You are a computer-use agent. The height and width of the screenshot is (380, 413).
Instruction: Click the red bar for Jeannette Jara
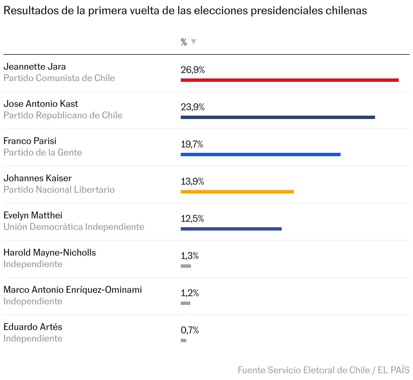[x=289, y=80]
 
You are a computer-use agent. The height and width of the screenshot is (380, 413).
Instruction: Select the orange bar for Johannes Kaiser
[x=237, y=192]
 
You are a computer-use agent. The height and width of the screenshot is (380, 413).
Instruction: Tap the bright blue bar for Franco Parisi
[x=260, y=155]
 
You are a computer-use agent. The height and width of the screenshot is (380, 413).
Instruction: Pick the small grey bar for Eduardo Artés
[x=183, y=340]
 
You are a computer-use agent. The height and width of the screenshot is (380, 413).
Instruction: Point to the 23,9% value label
[x=193, y=107]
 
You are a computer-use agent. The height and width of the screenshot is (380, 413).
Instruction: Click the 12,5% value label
[x=192, y=219]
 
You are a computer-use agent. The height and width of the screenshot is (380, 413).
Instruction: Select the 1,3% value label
[x=190, y=256]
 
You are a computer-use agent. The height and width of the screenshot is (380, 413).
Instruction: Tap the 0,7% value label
[x=190, y=330]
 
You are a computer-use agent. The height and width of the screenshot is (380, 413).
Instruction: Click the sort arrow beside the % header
[x=194, y=42]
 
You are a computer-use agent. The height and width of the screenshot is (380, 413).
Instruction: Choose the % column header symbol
[x=184, y=42]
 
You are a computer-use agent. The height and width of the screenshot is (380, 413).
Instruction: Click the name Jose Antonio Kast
[x=41, y=104]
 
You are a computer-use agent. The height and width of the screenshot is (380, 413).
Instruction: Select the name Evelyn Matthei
[x=33, y=215]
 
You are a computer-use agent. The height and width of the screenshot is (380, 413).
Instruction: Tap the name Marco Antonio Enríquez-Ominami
[x=72, y=290]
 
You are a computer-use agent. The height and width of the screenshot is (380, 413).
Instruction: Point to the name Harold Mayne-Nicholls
[x=49, y=253]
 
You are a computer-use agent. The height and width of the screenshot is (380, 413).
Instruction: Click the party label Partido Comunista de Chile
[x=59, y=78]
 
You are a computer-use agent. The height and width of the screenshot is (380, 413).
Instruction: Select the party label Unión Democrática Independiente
[x=74, y=227]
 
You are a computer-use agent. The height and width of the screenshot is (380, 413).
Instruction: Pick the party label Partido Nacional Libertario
[x=59, y=190]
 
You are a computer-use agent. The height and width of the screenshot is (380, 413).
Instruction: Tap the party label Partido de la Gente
[x=43, y=152]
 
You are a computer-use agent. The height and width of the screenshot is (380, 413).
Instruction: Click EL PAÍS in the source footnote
[x=394, y=370]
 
